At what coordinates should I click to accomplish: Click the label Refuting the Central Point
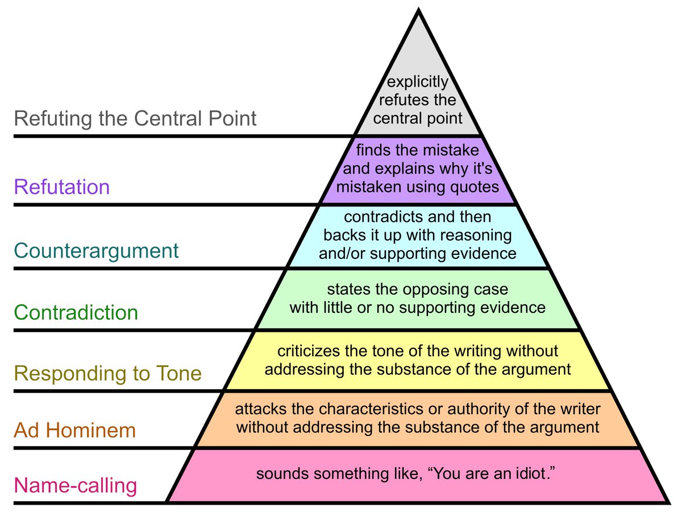pyautogui.click(x=135, y=119)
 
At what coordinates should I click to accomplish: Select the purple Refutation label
pyautogui.click(x=62, y=187)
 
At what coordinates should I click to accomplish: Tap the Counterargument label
pyautogui.click(x=96, y=250)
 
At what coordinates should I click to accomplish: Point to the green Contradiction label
pyautogui.click(x=76, y=312)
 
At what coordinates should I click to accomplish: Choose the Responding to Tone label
pyautogui.click(x=108, y=374)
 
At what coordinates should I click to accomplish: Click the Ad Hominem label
pyautogui.click(x=75, y=430)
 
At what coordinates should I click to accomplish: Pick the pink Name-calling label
pyautogui.click(x=76, y=486)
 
